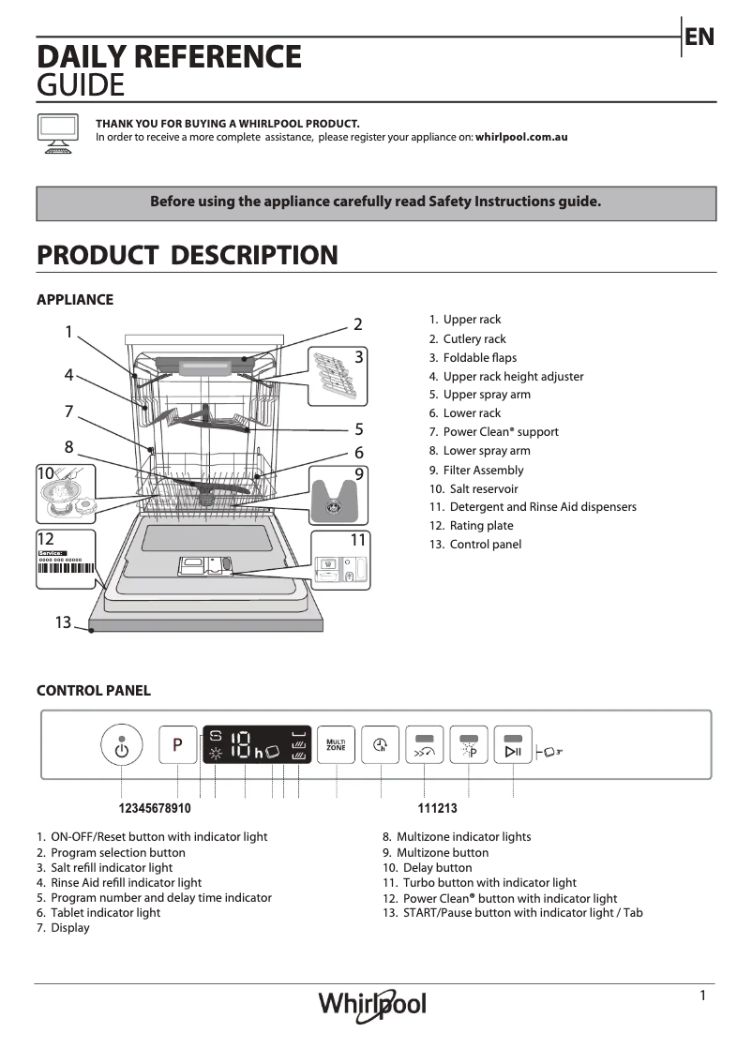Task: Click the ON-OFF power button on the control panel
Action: pyautogui.click(x=121, y=747)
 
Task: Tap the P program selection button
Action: pyautogui.click(x=177, y=746)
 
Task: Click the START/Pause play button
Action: pyautogui.click(x=513, y=746)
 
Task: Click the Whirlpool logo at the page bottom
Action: pyautogui.click(x=372, y=1006)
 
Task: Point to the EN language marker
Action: pyautogui.click(x=699, y=37)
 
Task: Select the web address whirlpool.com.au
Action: pyautogui.click(x=521, y=137)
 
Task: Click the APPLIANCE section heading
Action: pyautogui.click(x=75, y=300)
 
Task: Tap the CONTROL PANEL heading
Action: pyautogui.click(x=93, y=691)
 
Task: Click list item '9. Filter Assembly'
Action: pyautogui.click(x=476, y=470)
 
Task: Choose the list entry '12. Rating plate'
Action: pyautogui.click(x=472, y=526)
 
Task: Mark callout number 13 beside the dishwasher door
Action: pyautogui.click(x=63, y=622)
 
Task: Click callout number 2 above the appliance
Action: pyautogui.click(x=357, y=324)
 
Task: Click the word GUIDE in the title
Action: pyautogui.click(x=80, y=85)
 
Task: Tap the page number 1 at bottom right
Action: pyautogui.click(x=702, y=996)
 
